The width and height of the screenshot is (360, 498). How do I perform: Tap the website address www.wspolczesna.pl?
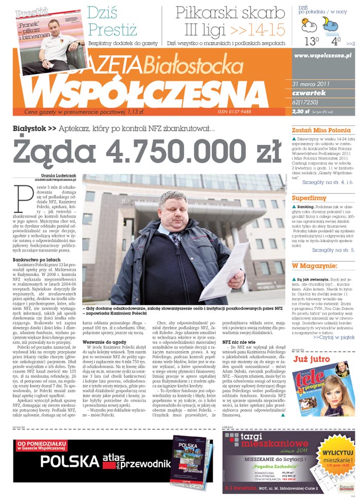point(323,55)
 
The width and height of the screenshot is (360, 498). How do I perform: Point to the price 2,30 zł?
point(300,111)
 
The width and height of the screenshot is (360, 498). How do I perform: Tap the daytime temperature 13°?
point(312,40)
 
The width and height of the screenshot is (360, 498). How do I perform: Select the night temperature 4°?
point(336,40)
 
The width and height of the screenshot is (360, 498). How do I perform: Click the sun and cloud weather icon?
point(309,24)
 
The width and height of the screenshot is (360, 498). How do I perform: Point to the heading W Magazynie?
point(314,265)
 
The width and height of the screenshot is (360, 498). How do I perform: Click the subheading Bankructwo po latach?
point(34,260)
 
